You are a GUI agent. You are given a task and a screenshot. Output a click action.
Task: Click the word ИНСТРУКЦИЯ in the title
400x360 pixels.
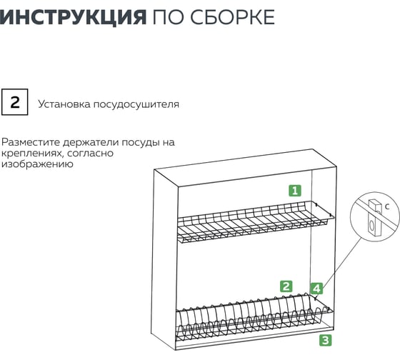tap(73, 17)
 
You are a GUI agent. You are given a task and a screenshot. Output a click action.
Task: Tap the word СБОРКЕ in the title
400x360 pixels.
tap(232, 17)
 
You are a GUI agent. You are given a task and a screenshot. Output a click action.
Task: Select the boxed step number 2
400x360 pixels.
tap(15, 102)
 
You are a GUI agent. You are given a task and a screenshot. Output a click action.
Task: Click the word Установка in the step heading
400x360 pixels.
tap(64, 104)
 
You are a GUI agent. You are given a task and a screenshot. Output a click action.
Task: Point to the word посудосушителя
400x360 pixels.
tap(136, 104)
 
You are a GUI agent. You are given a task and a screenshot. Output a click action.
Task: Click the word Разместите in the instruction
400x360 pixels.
tap(31, 142)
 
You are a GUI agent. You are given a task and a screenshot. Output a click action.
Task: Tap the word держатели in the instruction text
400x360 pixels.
tap(91, 142)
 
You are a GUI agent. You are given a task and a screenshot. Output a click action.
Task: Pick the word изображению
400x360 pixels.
tap(37, 164)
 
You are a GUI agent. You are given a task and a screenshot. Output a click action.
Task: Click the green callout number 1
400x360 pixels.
tap(295, 191)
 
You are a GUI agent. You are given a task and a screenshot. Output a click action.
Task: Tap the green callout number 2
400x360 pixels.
tap(286, 286)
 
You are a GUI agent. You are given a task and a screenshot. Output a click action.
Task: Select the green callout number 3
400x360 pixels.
tap(326, 340)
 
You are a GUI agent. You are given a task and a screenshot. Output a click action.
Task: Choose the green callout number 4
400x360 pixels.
tap(316, 289)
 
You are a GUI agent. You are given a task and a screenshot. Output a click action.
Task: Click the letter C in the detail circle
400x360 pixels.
tap(387, 206)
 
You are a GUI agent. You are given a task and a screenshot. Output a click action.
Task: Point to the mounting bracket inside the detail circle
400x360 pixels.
tap(374, 217)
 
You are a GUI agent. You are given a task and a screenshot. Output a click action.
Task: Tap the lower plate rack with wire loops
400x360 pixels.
tap(254, 318)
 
